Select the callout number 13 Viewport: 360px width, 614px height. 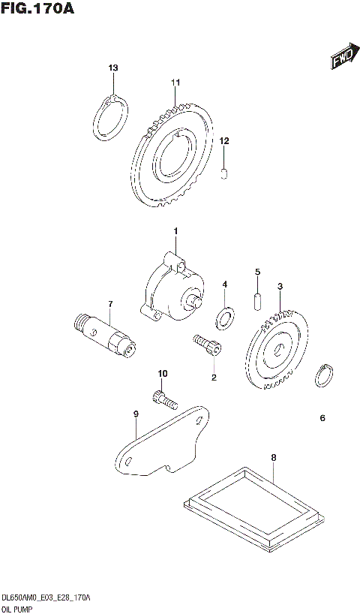(113, 69)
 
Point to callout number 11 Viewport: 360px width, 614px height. (175, 82)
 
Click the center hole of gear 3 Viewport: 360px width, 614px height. (277, 349)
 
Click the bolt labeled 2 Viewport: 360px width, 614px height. (205, 345)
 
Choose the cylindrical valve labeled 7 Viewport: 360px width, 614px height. (106, 337)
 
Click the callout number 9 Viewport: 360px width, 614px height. (136, 414)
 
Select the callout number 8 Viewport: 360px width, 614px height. (273, 457)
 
